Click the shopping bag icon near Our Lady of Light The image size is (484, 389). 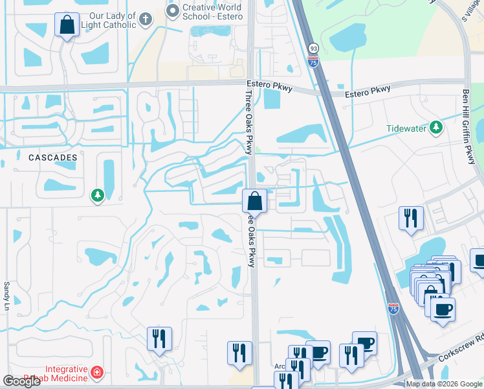coord(67,26)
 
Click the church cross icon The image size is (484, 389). coord(146,19)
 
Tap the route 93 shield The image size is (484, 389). coord(313,49)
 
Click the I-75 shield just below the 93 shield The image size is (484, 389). coord(313,60)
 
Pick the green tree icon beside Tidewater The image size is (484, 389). coord(437,128)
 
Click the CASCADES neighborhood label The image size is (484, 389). coord(53,158)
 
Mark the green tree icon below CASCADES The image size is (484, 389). coord(98,195)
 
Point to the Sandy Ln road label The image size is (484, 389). coord(7,294)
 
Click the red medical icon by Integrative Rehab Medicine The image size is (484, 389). coord(97,372)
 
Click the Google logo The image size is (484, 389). coord(21,381)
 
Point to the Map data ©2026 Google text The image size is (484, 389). coord(444,384)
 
